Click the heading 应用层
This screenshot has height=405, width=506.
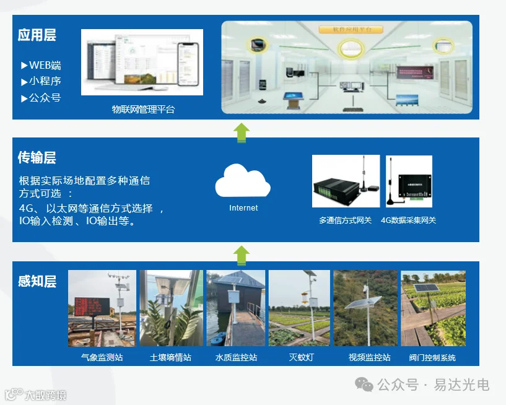point(37,35)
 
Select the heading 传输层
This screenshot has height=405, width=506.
point(37,158)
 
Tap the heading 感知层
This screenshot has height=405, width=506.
point(37,282)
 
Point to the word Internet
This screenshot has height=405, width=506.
point(243,208)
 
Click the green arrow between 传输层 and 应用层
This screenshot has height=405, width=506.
point(242,131)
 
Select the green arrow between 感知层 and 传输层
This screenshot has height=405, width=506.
point(242,254)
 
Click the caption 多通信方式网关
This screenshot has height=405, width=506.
point(346,220)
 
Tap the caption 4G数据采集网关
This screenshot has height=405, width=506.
point(408,220)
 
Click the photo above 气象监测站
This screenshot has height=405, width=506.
point(102,308)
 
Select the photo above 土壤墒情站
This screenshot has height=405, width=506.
point(171,308)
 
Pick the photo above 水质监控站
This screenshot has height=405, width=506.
point(236,308)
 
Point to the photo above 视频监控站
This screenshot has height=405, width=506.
point(365,308)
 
